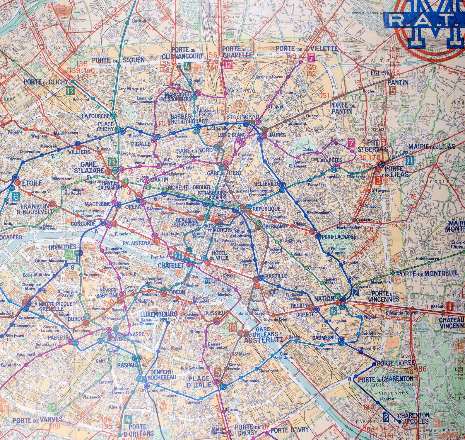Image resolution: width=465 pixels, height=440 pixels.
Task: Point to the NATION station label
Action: pos(324,299)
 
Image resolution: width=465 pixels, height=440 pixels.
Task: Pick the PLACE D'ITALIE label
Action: pos(199,381)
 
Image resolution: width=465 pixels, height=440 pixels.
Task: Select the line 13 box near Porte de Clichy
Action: pos(70,90)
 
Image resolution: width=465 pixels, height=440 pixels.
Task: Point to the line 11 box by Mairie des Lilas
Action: pos(410,160)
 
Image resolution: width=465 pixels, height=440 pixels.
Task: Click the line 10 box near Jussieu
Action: pos(233,327)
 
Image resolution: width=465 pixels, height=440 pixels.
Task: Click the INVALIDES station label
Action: pos(63,247)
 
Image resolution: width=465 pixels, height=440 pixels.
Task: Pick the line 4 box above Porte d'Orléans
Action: pos(128,419)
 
